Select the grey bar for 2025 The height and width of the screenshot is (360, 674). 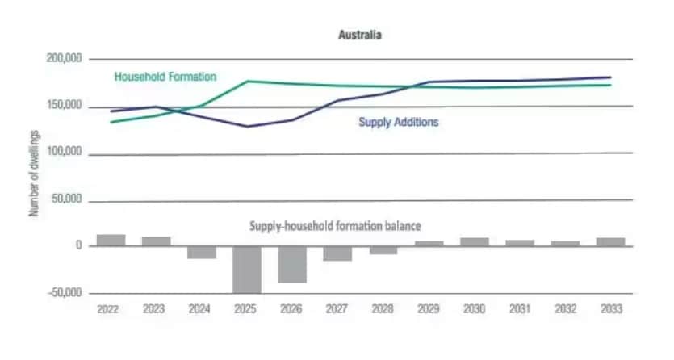(x=247, y=270)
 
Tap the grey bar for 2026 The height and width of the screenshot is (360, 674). (x=293, y=264)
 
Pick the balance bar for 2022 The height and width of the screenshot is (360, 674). (x=111, y=240)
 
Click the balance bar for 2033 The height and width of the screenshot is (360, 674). (x=611, y=241)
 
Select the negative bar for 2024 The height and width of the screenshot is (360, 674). (x=202, y=252)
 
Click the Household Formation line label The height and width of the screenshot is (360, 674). (x=165, y=77)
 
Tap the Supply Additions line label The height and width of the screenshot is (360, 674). (x=398, y=123)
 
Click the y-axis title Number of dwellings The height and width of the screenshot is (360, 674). (x=34, y=175)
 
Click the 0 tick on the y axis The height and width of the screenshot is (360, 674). (x=79, y=246)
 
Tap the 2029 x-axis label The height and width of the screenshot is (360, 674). (x=429, y=308)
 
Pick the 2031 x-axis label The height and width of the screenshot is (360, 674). (x=521, y=308)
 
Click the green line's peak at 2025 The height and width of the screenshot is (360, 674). (x=247, y=81)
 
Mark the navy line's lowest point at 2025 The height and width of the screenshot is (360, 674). (x=247, y=127)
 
